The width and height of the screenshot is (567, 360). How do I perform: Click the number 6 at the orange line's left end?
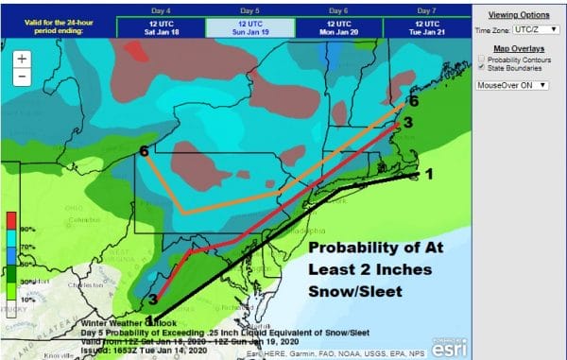tap(144, 151)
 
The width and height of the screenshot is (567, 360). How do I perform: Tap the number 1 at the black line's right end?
tap(428, 174)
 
